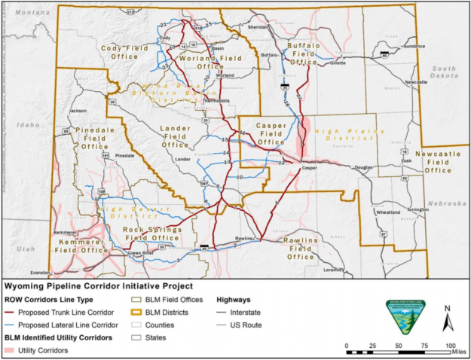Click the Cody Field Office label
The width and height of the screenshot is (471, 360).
point(119,50)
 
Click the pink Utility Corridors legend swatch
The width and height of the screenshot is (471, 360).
point(11,350)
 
